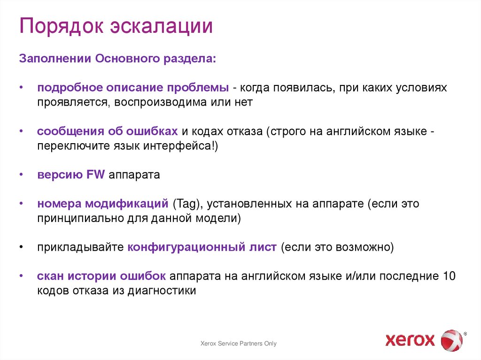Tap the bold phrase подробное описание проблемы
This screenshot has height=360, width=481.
click(x=133, y=88)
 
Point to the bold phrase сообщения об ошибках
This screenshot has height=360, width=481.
click(x=108, y=131)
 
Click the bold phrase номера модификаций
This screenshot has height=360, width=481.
click(x=103, y=204)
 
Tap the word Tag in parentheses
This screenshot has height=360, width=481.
click(x=187, y=204)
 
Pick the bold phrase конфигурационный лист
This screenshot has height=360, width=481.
click(x=202, y=247)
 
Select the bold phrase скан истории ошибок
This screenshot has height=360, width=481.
click(x=101, y=276)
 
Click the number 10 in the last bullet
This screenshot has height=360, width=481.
click(x=449, y=276)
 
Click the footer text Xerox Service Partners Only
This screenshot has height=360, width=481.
click(x=239, y=344)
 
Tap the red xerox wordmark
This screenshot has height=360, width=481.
click(x=410, y=339)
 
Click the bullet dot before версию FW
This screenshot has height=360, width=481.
click(x=22, y=175)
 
